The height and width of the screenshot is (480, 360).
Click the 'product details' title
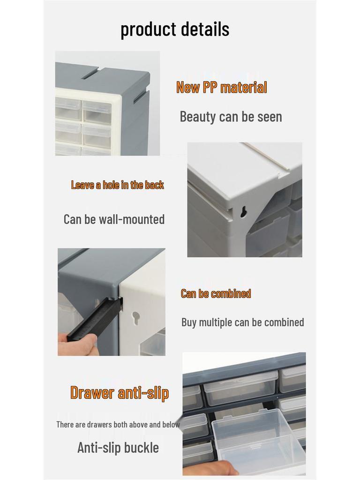coord(175,29)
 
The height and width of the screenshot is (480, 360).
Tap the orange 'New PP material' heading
coord(221,87)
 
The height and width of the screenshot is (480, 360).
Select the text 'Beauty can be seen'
coord(231,116)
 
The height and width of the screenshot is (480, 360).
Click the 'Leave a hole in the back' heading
coord(117,185)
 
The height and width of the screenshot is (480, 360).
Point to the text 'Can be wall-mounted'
coord(114,219)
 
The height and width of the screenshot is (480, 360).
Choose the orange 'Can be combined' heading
coord(216,293)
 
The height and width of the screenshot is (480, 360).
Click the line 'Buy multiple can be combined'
coord(242,322)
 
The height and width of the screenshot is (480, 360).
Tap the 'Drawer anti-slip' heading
coord(119,392)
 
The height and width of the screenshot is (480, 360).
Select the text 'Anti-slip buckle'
coord(118,447)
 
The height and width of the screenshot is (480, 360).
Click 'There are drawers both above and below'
coord(118,424)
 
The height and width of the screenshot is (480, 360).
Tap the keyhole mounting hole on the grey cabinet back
coord(243,212)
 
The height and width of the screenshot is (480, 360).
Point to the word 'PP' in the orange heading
coord(210,87)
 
